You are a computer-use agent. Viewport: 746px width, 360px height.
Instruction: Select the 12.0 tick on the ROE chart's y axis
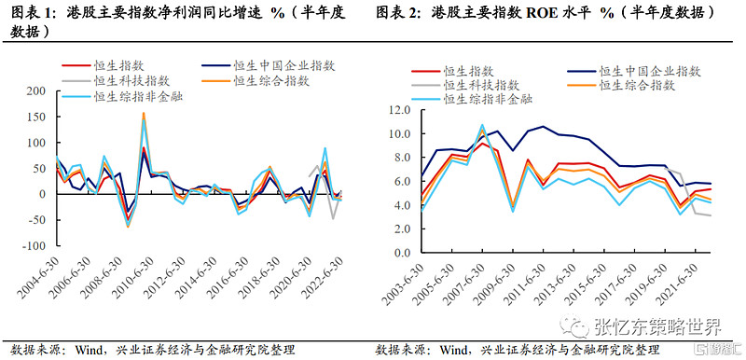(399, 109)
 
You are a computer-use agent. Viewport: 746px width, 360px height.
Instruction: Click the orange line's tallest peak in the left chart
(144, 113)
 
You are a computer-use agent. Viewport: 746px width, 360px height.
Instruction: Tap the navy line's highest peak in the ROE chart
(543, 126)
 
